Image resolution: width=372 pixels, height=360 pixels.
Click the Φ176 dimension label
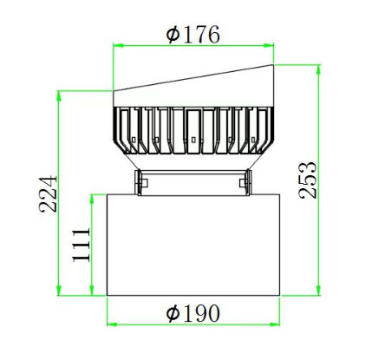click(x=193, y=35)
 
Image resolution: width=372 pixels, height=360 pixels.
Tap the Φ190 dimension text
click(x=193, y=313)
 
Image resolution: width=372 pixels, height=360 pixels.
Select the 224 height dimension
click(x=48, y=193)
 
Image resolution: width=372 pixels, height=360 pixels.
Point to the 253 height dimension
click(x=308, y=180)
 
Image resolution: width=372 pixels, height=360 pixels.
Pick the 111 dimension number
click(x=82, y=245)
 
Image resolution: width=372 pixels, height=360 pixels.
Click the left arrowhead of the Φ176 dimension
click(x=118, y=45)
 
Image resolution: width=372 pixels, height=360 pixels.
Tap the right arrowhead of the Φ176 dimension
click(x=269, y=45)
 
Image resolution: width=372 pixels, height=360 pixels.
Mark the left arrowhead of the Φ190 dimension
click(x=112, y=324)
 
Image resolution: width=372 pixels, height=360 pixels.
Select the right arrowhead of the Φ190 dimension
click(x=275, y=324)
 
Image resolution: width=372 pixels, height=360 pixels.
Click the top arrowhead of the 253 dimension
click(x=319, y=70)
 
